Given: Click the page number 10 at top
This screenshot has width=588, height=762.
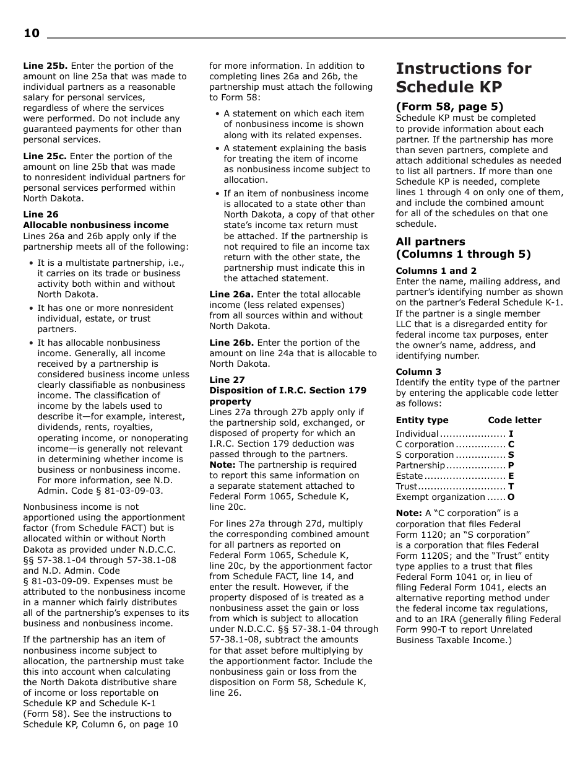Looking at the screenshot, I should [32, 33].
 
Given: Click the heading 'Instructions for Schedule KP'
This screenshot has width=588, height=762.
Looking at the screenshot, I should [463, 77].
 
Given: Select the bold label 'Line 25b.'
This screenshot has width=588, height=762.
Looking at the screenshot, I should [46, 66].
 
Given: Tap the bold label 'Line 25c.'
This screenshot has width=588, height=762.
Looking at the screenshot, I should [45, 156].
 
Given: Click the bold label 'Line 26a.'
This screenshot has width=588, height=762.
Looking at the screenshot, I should [231, 294].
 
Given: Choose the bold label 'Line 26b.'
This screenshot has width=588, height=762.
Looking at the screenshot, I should [232, 343].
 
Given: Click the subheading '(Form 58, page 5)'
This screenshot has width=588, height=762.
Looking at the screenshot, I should [449, 107].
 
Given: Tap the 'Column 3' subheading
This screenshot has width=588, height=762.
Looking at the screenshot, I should [418, 372].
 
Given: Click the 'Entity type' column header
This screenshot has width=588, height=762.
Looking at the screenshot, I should [422, 420].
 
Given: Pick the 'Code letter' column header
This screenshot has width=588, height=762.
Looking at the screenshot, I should [514, 420].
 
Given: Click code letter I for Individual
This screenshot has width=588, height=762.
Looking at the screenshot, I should [511, 434].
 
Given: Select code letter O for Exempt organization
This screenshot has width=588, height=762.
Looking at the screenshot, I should [511, 497].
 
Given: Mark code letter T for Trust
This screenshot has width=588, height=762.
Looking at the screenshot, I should [511, 486].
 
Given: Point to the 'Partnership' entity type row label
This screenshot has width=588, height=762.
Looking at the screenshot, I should [420, 465].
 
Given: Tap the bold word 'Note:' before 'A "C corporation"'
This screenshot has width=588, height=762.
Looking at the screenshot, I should [409, 513].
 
